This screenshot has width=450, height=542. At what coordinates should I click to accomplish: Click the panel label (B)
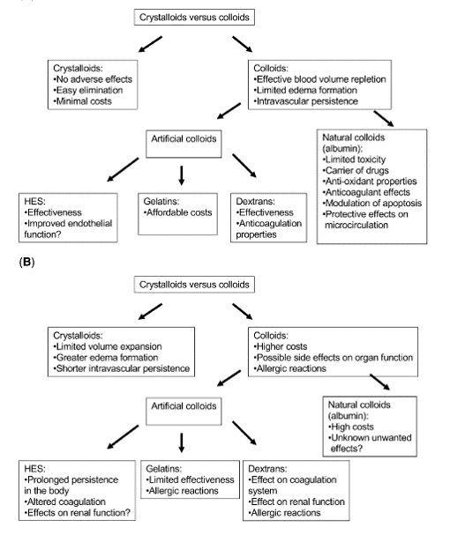pos(27,262)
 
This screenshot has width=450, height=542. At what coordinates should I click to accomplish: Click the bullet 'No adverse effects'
pos(93,79)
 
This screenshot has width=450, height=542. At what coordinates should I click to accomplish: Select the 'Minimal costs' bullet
pos(82,101)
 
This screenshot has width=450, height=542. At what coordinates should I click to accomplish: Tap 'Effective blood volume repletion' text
pos(319,79)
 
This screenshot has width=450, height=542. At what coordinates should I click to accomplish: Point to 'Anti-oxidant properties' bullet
pos(370,182)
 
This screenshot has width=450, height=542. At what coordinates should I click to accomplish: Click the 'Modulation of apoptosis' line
pos(372,203)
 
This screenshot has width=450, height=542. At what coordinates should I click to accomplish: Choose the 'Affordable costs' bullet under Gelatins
pos(177,212)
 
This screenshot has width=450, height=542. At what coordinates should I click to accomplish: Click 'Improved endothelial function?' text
pos(68,229)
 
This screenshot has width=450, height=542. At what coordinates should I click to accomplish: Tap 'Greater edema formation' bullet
pos(106,358)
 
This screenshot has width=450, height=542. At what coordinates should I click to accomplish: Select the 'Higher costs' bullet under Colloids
pos(281,346)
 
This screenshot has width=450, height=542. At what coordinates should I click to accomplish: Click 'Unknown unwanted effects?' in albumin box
pos(370,443)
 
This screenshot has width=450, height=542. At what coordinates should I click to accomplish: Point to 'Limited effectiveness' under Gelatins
pos(190,479)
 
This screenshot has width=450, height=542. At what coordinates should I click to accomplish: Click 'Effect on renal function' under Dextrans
pos(296,501)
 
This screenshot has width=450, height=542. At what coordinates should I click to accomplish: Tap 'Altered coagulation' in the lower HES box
pos(65,501)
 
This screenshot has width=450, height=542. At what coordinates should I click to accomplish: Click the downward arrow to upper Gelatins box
pos(182,175)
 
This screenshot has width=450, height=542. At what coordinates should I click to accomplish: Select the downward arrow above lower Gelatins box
pos(182,442)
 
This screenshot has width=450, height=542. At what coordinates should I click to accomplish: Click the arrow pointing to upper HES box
pos(123,170)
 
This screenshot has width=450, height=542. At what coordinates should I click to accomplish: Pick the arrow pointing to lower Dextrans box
pos(244,433)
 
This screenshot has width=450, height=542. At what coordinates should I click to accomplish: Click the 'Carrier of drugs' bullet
pos(356,170)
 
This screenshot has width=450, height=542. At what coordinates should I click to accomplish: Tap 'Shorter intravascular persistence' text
pos(122,368)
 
